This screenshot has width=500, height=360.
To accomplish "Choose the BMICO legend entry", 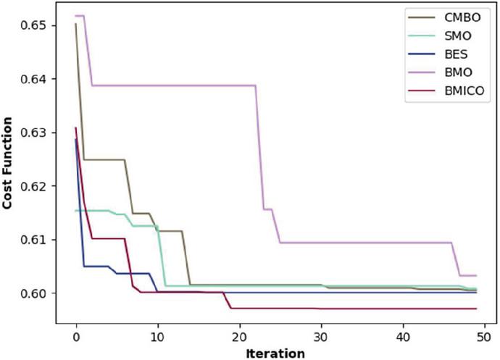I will [456, 91].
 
